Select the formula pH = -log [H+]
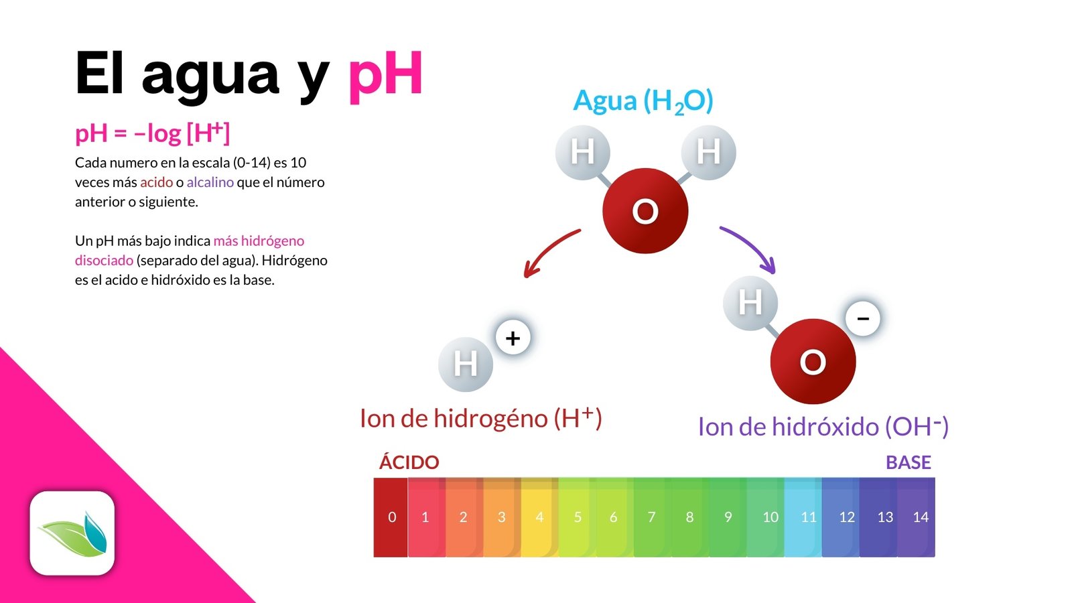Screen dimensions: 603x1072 point(152,133)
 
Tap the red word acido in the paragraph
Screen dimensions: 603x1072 point(156,182)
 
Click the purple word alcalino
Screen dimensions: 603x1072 point(210,182)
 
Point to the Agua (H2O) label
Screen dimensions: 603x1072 point(643,101)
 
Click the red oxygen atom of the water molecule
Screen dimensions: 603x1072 point(645,211)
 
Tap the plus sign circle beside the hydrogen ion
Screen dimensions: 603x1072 point(513,338)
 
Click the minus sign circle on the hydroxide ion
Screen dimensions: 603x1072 point(863,318)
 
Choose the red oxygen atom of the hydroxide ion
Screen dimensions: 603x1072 point(813,362)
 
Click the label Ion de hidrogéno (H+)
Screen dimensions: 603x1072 point(480,418)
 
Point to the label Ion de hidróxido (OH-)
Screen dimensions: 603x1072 point(823,427)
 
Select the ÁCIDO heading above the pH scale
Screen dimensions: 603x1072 point(409,462)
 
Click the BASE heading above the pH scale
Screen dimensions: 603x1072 point(908,462)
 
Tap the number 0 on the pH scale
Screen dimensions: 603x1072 point(392,517)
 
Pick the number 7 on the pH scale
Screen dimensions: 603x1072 point(651,517)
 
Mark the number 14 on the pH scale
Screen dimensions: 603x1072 point(921,517)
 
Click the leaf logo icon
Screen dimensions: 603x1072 point(72,533)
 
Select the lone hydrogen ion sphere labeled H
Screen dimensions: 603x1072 point(466,364)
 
